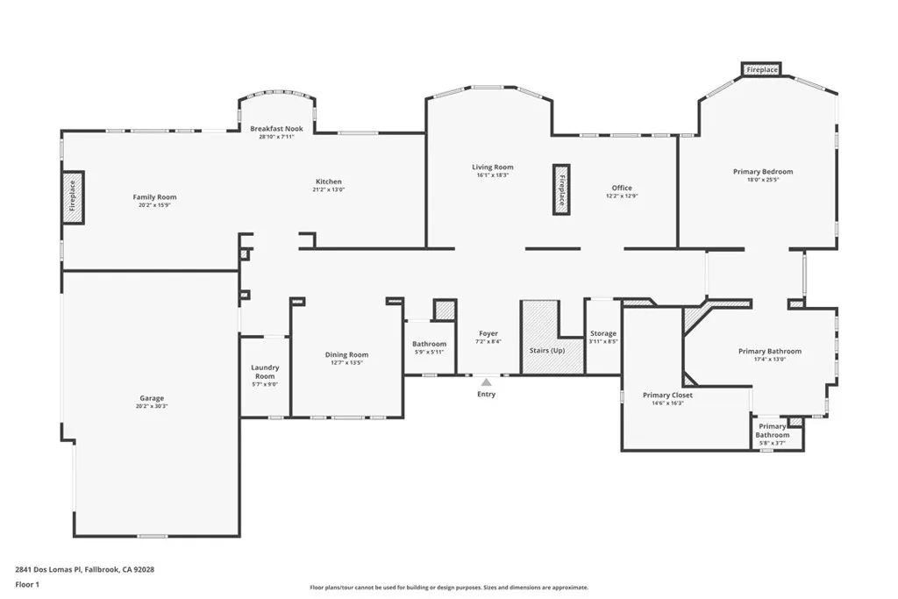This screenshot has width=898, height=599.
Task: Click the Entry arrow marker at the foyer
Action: (486, 382)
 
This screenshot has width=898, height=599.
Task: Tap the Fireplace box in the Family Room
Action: (74, 197)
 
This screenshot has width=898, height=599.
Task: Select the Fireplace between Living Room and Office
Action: (561, 190)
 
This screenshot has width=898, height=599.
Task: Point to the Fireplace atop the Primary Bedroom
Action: (762, 69)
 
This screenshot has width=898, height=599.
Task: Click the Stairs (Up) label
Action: (547, 351)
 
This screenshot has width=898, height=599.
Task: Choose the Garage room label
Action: (152, 398)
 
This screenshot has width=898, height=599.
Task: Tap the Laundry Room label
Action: (265, 372)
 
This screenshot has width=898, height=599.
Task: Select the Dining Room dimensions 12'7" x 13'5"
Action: (346, 362)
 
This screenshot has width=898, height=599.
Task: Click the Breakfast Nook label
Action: (276, 129)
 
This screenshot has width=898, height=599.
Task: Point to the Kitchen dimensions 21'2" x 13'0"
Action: (329, 189)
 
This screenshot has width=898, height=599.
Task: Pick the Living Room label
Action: (493, 168)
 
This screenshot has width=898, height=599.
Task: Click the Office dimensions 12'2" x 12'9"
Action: (622, 196)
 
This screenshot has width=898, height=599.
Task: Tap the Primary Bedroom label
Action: (763, 171)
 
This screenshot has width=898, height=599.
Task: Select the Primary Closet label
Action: (667, 396)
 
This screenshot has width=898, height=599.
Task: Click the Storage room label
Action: (603, 333)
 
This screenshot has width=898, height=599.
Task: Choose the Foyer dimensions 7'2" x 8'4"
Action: (488, 341)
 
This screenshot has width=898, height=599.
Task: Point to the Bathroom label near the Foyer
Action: (429, 344)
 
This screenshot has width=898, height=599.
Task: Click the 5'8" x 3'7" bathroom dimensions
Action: (772, 443)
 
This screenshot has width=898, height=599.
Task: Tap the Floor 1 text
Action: (27, 585)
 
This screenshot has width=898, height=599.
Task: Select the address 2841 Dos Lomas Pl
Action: (49, 569)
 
